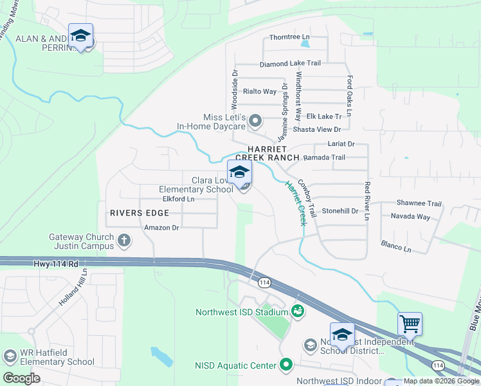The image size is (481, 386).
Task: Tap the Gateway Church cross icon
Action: (x=125, y=241)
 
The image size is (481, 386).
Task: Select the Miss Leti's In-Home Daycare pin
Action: (x=255, y=120)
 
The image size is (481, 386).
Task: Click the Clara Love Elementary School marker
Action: (x=239, y=174)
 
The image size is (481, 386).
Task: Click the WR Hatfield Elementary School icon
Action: (x=10, y=356)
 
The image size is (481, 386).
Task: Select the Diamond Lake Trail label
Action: (x=290, y=64)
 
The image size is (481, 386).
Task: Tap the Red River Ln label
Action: (x=367, y=201)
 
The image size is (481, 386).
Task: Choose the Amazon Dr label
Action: (x=161, y=227)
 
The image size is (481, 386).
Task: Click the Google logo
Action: (x=22, y=378)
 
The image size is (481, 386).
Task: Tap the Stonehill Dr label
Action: (x=340, y=210)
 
